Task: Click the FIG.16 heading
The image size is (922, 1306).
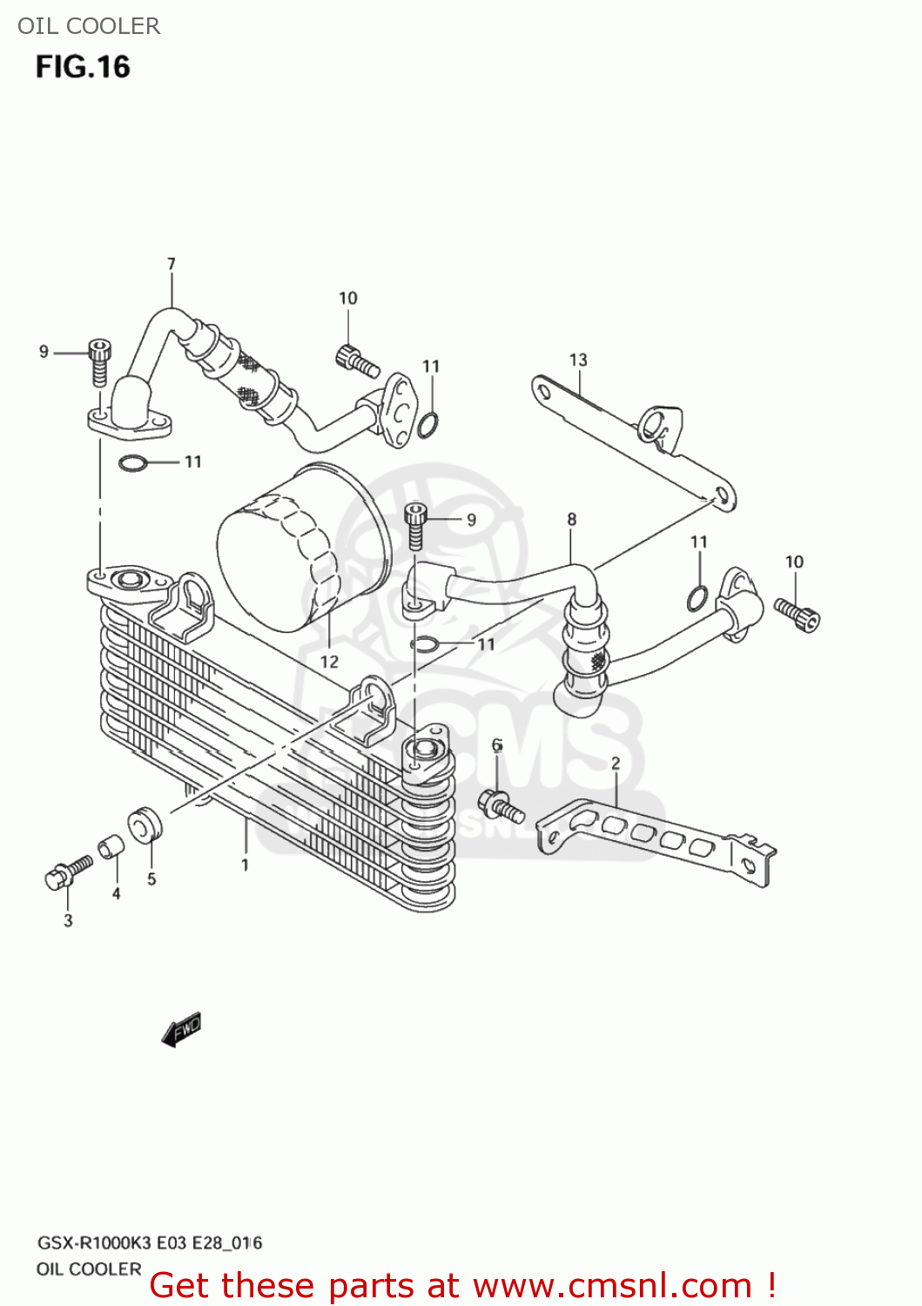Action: [83, 67]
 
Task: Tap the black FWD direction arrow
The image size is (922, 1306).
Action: [182, 1029]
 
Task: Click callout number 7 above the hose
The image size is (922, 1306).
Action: [172, 264]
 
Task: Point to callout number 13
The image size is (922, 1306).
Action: [578, 360]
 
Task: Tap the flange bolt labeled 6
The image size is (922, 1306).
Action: [500, 805]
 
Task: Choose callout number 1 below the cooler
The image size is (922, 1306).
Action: [246, 865]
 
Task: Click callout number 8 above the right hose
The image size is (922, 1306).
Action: [571, 519]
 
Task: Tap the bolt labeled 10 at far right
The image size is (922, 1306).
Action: [797, 614]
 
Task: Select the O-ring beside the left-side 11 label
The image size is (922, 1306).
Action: [132, 462]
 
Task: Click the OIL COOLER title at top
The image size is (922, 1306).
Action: [89, 26]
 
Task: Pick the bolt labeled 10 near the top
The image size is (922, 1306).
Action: [356, 360]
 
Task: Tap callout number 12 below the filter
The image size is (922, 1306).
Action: [329, 662]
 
